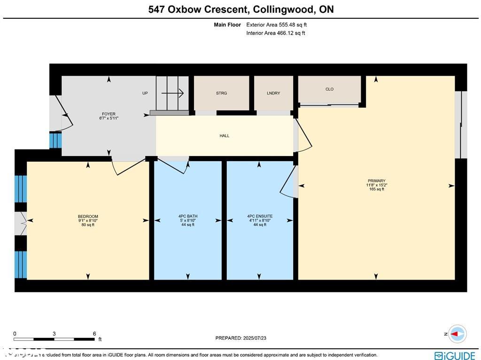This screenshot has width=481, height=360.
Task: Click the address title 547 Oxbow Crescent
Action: click(241, 9)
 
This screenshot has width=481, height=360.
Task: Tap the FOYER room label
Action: click(109, 114)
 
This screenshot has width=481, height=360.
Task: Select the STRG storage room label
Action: click(221, 93)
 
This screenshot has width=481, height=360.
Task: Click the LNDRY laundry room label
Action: click(273, 93)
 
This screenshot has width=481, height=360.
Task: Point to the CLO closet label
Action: click(329, 89)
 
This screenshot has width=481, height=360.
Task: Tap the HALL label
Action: click(225, 136)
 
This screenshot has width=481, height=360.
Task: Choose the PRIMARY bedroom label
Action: click(377, 181)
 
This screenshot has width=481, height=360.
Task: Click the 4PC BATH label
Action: click(188, 216)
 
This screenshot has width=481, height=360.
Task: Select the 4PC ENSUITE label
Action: click(260, 216)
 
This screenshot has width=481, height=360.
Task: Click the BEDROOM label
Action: click(88, 216)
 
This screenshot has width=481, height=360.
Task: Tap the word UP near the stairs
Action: click(145, 93)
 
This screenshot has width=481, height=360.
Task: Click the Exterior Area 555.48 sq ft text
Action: click(277, 24)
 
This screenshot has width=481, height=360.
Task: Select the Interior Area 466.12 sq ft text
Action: click(276, 33)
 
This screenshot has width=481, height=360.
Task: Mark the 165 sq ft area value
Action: click(377, 189)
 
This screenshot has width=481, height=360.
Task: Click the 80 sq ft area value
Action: click(88, 225)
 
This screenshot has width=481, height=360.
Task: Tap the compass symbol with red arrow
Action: click(457, 334)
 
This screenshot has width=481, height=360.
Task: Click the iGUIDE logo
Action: click(455, 355)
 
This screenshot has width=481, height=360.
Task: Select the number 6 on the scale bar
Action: click(94, 334)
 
